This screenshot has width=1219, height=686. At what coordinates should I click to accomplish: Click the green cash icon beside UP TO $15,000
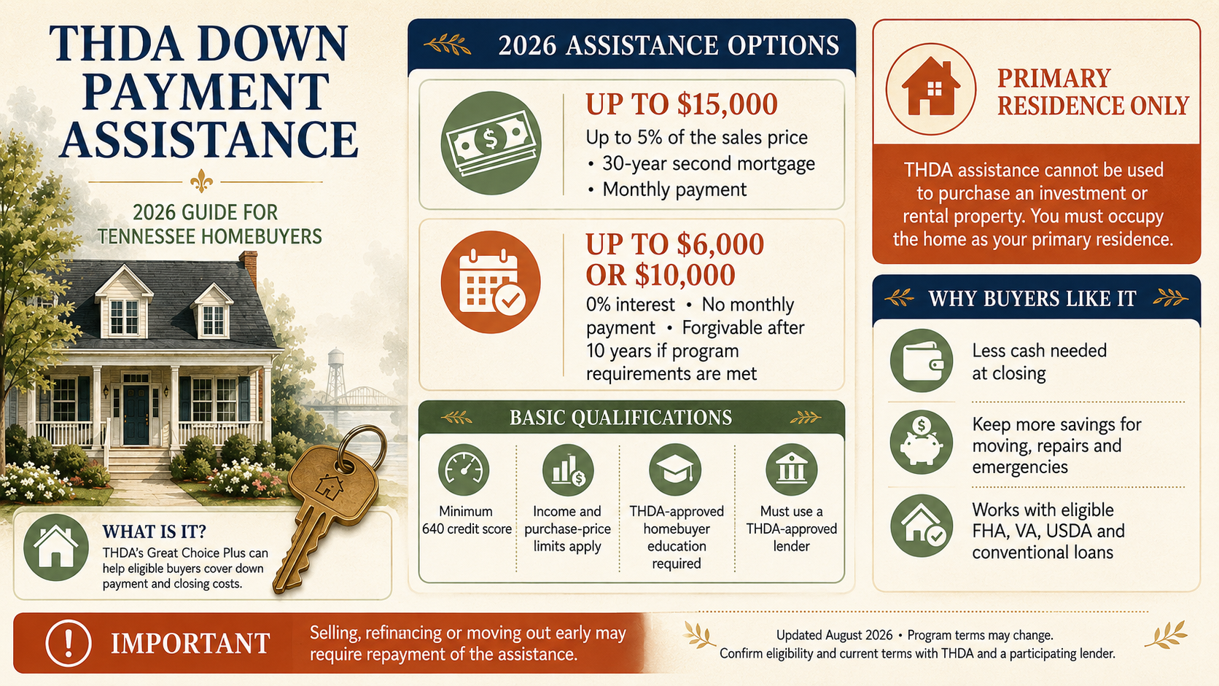[x=491, y=143]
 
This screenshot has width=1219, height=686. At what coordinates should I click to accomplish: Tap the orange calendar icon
[x=491, y=282]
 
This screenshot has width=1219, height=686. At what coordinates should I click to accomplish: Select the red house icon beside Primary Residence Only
[x=930, y=89]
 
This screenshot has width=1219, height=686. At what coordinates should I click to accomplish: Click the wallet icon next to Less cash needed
[x=922, y=361]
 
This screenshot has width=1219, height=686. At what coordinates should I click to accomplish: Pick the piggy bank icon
[x=922, y=442]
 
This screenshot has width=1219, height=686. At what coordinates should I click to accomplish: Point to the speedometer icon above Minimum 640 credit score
[x=464, y=469]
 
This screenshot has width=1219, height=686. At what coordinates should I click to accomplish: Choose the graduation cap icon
[x=675, y=469]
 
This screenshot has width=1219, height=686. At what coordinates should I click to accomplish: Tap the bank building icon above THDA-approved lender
[x=791, y=469]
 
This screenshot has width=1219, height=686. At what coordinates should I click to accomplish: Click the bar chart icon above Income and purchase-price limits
[x=568, y=469]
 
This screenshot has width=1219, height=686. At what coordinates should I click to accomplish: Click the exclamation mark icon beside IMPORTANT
[x=69, y=643]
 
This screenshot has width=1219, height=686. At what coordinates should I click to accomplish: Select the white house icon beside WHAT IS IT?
[x=56, y=547]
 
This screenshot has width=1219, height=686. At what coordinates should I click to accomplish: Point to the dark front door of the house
[x=136, y=415]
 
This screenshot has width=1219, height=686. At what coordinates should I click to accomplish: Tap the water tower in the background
[x=336, y=376]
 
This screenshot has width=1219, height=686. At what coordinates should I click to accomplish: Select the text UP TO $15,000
[x=682, y=104]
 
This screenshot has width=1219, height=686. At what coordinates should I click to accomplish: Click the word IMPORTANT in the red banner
[x=190, y=644]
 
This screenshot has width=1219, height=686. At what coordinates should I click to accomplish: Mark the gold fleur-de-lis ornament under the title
[x=201, y=182]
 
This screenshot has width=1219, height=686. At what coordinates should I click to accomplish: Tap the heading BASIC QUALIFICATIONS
[x=620, y=418]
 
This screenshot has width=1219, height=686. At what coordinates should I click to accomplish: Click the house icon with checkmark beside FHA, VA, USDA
[x=922, y=526]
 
